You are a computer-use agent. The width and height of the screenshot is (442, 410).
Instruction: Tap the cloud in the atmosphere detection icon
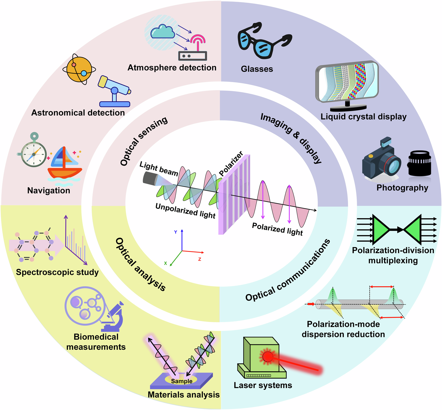[x=162, y=32]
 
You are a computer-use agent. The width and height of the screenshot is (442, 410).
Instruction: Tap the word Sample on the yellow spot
[x=182, y=381]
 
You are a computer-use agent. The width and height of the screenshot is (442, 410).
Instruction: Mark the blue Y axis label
[x=176, y=232]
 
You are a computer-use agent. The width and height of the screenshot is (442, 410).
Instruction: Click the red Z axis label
[x=200, y=259]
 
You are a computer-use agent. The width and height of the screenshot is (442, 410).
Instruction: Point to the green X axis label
[x=165, y=263]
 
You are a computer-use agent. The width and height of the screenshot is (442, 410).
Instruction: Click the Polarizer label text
[x=231, y=163]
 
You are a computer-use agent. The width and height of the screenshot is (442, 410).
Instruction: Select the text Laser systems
[x=263, y=385]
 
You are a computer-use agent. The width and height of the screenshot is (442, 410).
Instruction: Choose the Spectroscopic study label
[x=57, y=272]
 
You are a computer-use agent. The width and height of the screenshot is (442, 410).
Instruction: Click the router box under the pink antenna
[x=192, y=56]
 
